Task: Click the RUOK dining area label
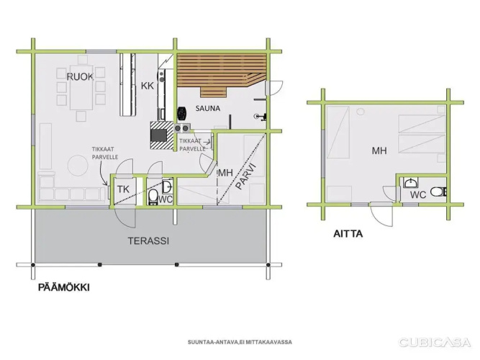pyautogui.click(x=80, y=76)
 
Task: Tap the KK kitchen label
pyautogui.click(x=148, y=86)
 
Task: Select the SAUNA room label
pyautogui.click(x=208, y=108)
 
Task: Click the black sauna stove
pyautogui.click(x=181, y=113)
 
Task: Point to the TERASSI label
pyautogui.click(x=148, y=240)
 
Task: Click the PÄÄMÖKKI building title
pyautogui.click(x=64, y=287)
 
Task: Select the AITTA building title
pyautogui.click(x=348, y=234)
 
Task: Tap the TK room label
pyautogui.click(x=123, y=189)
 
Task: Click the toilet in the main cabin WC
pyautogui.click(x=153, y=197)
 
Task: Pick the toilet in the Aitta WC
pyautogui.click(x=438, y=192)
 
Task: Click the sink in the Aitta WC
pyautogui.click(x=410, y=183)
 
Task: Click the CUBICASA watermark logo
pyautogui.click(x=435, y=342)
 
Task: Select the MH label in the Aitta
pyautogui.click(x=379, y=150)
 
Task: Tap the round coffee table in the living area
pyautogui.click(x=78, y=165)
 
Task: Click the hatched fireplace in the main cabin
pyautogui.click(x=162, y=135)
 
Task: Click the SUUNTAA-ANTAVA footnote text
pyautogui.click(x=240, y=342)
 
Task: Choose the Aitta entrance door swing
pyautogui.click(x=381, y=215)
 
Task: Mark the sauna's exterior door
pyautogui.click(x=274, y=88)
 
